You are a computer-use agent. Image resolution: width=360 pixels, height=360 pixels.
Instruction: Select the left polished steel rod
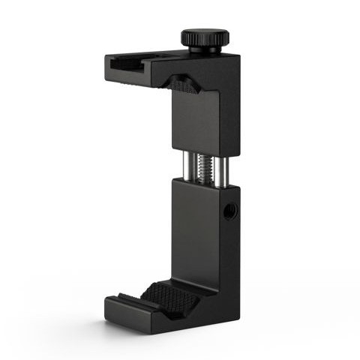(x=183, y=167)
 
